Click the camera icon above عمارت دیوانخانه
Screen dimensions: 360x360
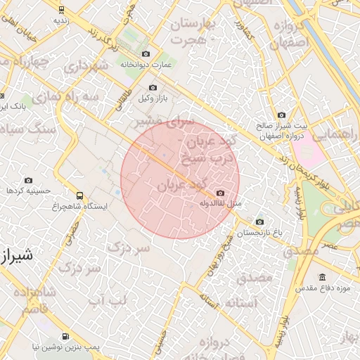146,54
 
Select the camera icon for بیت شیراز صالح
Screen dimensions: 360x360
281,115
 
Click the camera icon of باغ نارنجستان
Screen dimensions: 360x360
259,222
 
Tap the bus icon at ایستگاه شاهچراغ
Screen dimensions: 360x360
79,196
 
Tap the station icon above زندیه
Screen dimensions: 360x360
62,10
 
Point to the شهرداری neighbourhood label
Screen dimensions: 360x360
88,66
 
